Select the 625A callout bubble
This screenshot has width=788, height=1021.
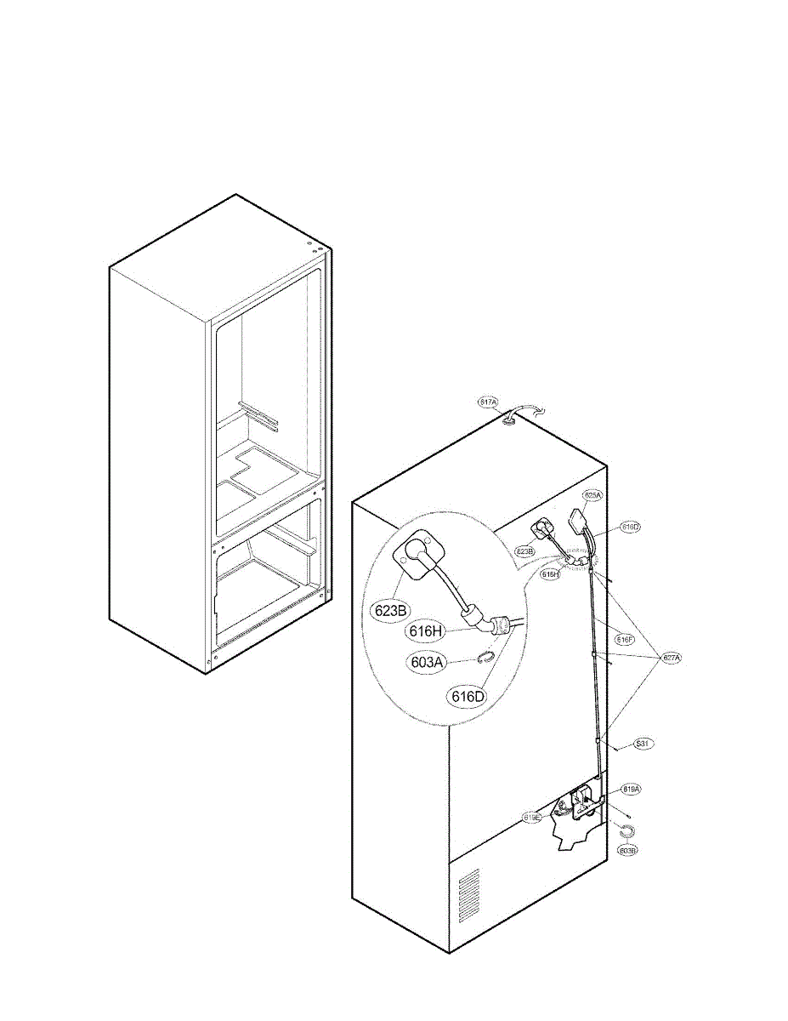(592, 494)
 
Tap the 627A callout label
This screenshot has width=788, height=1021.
(672, 657)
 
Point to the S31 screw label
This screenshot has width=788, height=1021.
(643, 744)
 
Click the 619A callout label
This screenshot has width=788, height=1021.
(631, 790)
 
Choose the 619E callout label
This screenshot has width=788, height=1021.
(532, 817)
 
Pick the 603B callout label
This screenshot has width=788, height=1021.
(628, 850)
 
